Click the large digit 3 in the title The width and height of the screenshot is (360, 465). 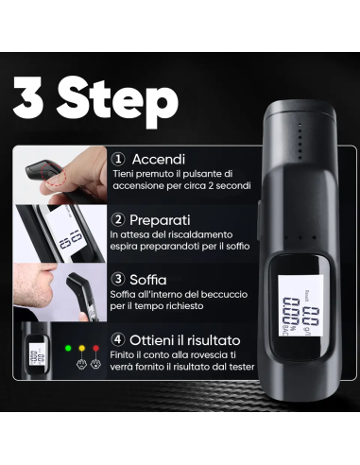coord(28,98)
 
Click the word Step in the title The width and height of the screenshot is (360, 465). coord(117,102)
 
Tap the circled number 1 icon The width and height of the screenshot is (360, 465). coord(118,159)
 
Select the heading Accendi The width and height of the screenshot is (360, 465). coord(159,159)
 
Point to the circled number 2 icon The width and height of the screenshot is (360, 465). coord(118,219)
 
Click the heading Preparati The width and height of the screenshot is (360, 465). coord(160,220)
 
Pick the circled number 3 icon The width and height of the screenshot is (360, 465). coord(118,279)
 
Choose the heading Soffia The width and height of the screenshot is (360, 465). coord(148,280)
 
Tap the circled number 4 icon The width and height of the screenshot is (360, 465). coord(118,340)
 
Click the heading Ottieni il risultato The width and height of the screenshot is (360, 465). coord(185,340)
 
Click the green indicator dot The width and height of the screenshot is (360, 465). coord(68,348)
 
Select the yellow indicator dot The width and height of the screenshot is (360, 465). coord(82,348)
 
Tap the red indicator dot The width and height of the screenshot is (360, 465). coord(95,348)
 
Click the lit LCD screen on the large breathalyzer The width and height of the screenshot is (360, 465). coord(301,305)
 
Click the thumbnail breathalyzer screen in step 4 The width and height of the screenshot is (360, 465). coord(37,354)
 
